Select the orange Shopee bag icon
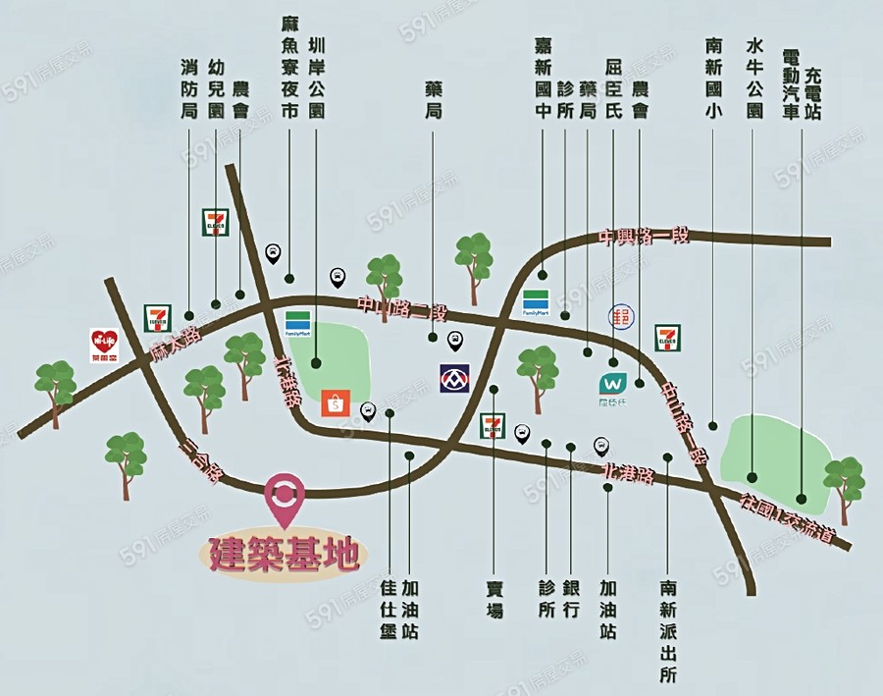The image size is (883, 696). [x=336, y=402]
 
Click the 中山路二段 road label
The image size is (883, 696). [x=402, y=309]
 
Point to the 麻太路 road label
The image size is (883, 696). [x=176, y=344]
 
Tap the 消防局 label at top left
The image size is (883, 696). [x=189, y=89]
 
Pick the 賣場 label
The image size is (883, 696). [x=494, y=598]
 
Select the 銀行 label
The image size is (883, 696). [x=573, y=598]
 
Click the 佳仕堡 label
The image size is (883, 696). [x=389, y=609]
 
